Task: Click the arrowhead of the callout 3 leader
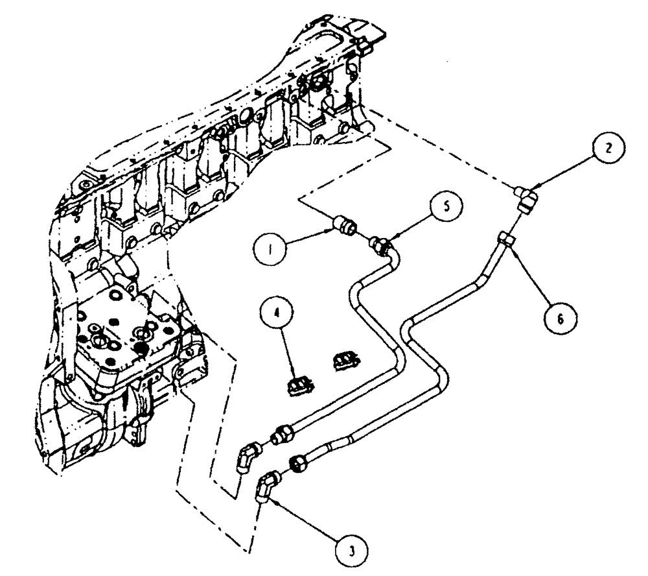click(x=273, y=499)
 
